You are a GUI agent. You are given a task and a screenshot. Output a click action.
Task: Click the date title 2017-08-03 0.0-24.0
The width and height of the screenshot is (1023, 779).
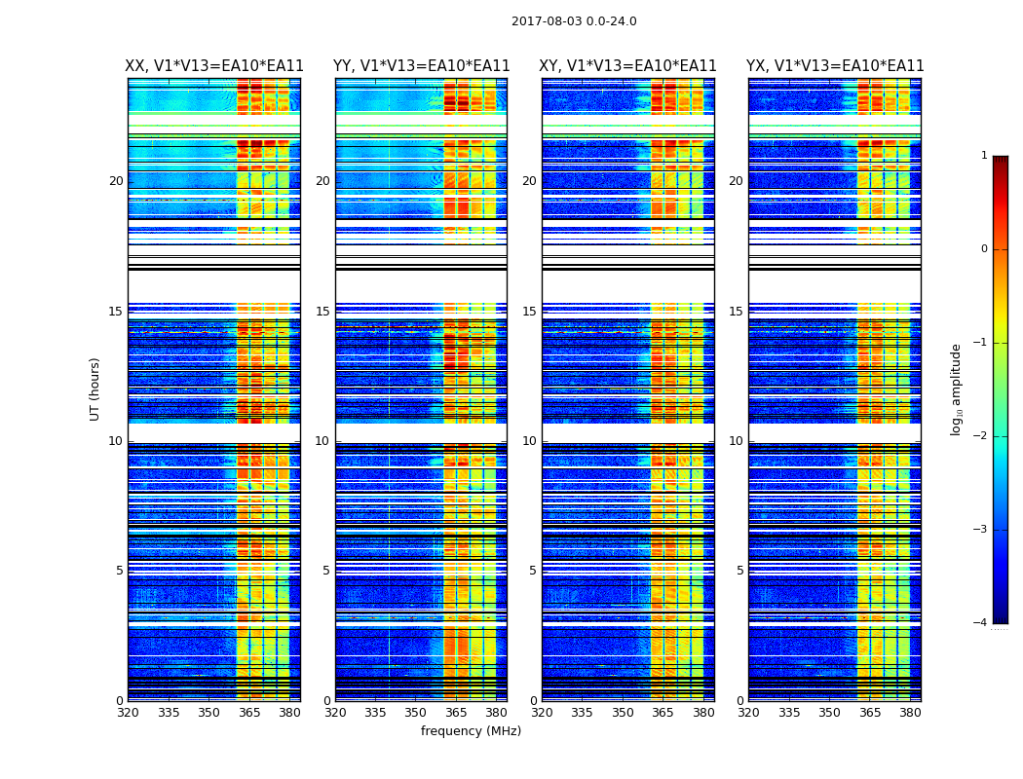pyautogui.click(x=574, y=21)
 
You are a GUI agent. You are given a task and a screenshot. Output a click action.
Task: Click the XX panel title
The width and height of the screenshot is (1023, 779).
pyautogui.click(x=214, y=66)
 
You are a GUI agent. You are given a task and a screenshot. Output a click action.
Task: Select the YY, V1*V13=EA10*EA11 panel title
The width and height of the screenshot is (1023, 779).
pyautogui.click(x=421, y=66)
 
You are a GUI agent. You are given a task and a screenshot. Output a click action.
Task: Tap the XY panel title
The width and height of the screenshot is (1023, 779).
pyautogui.click(x=628, y=66)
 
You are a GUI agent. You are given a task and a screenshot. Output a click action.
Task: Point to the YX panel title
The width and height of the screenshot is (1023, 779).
pyautogui.click(x=835, y=66)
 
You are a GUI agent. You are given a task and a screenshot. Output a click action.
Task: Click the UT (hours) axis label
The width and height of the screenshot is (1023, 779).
pyautogui.click(x=95, y=389)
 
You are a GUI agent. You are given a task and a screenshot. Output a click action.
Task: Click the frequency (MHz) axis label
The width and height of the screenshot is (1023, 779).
pyautogui.click(x=471, y=731)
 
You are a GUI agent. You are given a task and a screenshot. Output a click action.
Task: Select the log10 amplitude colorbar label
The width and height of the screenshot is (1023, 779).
pyautogui.click(x=957, y=389)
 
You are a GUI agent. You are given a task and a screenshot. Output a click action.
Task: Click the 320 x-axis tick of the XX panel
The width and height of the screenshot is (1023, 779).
pyautogui.click(x=128, y=713)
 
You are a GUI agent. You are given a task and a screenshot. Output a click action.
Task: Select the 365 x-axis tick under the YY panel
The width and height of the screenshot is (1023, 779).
pyautogui.click(x=456, y=713)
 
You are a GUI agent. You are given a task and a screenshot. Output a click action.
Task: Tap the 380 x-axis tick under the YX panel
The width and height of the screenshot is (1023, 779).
pyautogui.click(x=910, y=713)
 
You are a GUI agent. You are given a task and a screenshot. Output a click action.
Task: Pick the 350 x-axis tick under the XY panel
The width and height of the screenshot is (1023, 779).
pyautogui.click(x=623, y=713)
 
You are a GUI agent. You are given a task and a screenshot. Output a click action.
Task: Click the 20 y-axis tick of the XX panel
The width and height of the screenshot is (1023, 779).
pyautogui.click(x=116, y=181)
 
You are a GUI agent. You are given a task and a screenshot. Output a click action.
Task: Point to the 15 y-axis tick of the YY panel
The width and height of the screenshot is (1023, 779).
pyautogui.click(x=322, y=312)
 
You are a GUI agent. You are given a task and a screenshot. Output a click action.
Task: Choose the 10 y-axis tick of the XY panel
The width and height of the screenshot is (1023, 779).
pyautogui.click(x=529, y=441)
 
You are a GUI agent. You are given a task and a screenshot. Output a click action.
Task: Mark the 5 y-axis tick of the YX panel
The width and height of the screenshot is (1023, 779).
pyautogui.click(x=739, y=571)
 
